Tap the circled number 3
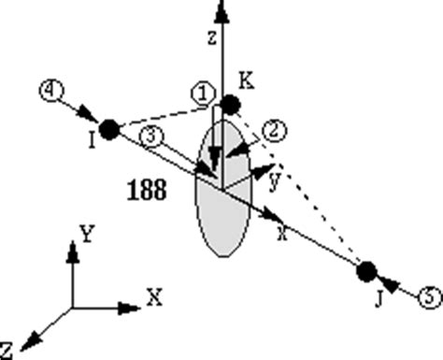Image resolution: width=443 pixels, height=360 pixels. point(154,137)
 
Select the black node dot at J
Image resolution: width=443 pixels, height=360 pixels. point(365,271)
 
